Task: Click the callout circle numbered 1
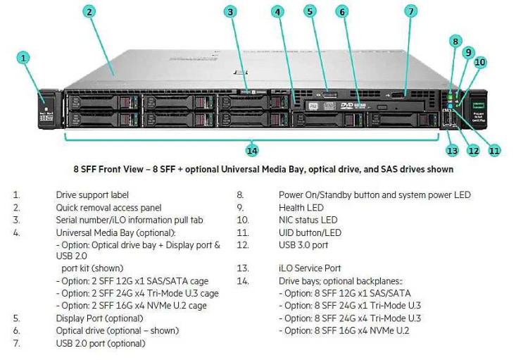(x=24, y=58)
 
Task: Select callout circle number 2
(x=89, y=11)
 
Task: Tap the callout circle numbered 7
(x=411, y=11)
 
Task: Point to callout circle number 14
(x=251, y=150)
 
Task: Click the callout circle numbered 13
(x=451, y=150)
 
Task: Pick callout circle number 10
(x=479, y=62)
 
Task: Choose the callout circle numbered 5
(x=310, y=11)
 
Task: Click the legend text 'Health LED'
(x=301, y=208)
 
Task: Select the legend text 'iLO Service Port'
(x=310, y=268)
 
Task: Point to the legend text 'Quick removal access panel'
(x=108, y=208)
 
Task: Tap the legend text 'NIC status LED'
(x=308, y=221)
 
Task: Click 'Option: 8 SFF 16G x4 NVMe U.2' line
(x=344, y=330)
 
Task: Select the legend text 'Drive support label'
(x=92, y=195)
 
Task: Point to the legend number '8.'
(x=239, y=195)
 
